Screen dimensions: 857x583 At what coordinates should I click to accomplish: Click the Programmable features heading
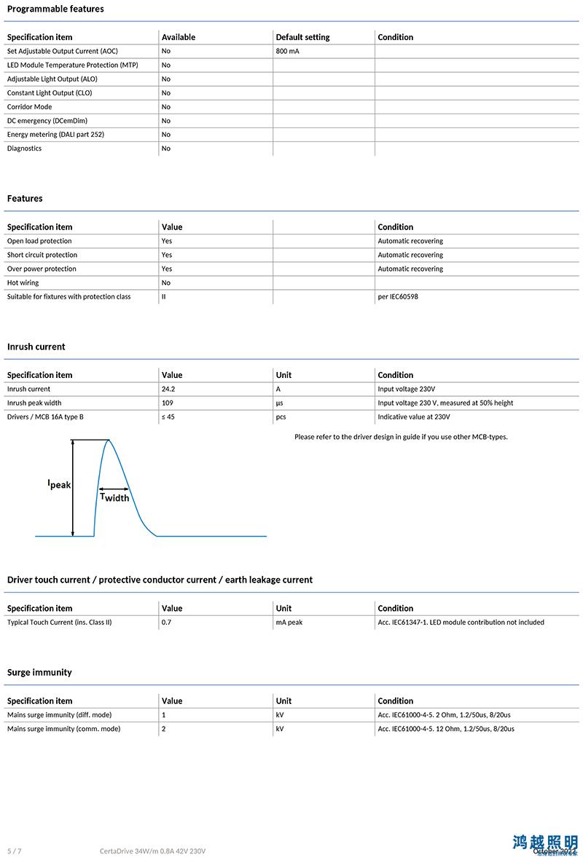55,9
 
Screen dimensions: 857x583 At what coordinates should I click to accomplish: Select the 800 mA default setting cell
287,51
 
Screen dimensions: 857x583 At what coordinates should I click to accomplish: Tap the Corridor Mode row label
29,107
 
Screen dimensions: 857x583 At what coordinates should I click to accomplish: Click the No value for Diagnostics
166,149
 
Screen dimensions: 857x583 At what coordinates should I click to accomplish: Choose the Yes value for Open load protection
167,241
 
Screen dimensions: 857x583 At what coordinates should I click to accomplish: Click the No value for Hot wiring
166,283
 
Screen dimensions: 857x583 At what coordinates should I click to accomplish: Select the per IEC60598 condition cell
398,297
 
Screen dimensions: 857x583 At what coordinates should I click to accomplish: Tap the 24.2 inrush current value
168,389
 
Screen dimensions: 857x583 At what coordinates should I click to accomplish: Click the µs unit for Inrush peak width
279,403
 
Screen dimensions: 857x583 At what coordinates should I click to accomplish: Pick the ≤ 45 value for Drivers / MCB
168,416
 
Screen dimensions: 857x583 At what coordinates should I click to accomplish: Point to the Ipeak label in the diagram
59,484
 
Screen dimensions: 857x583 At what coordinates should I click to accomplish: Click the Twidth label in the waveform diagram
114,497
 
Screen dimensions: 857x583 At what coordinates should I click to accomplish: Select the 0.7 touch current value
166,623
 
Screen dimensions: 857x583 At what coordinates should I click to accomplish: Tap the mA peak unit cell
289,623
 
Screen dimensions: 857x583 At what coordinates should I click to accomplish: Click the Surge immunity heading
39,672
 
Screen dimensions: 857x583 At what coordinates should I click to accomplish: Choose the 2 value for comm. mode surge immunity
164,729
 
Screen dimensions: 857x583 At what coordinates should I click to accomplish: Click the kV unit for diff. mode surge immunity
280,715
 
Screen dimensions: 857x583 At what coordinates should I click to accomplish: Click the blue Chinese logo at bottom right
545,842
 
